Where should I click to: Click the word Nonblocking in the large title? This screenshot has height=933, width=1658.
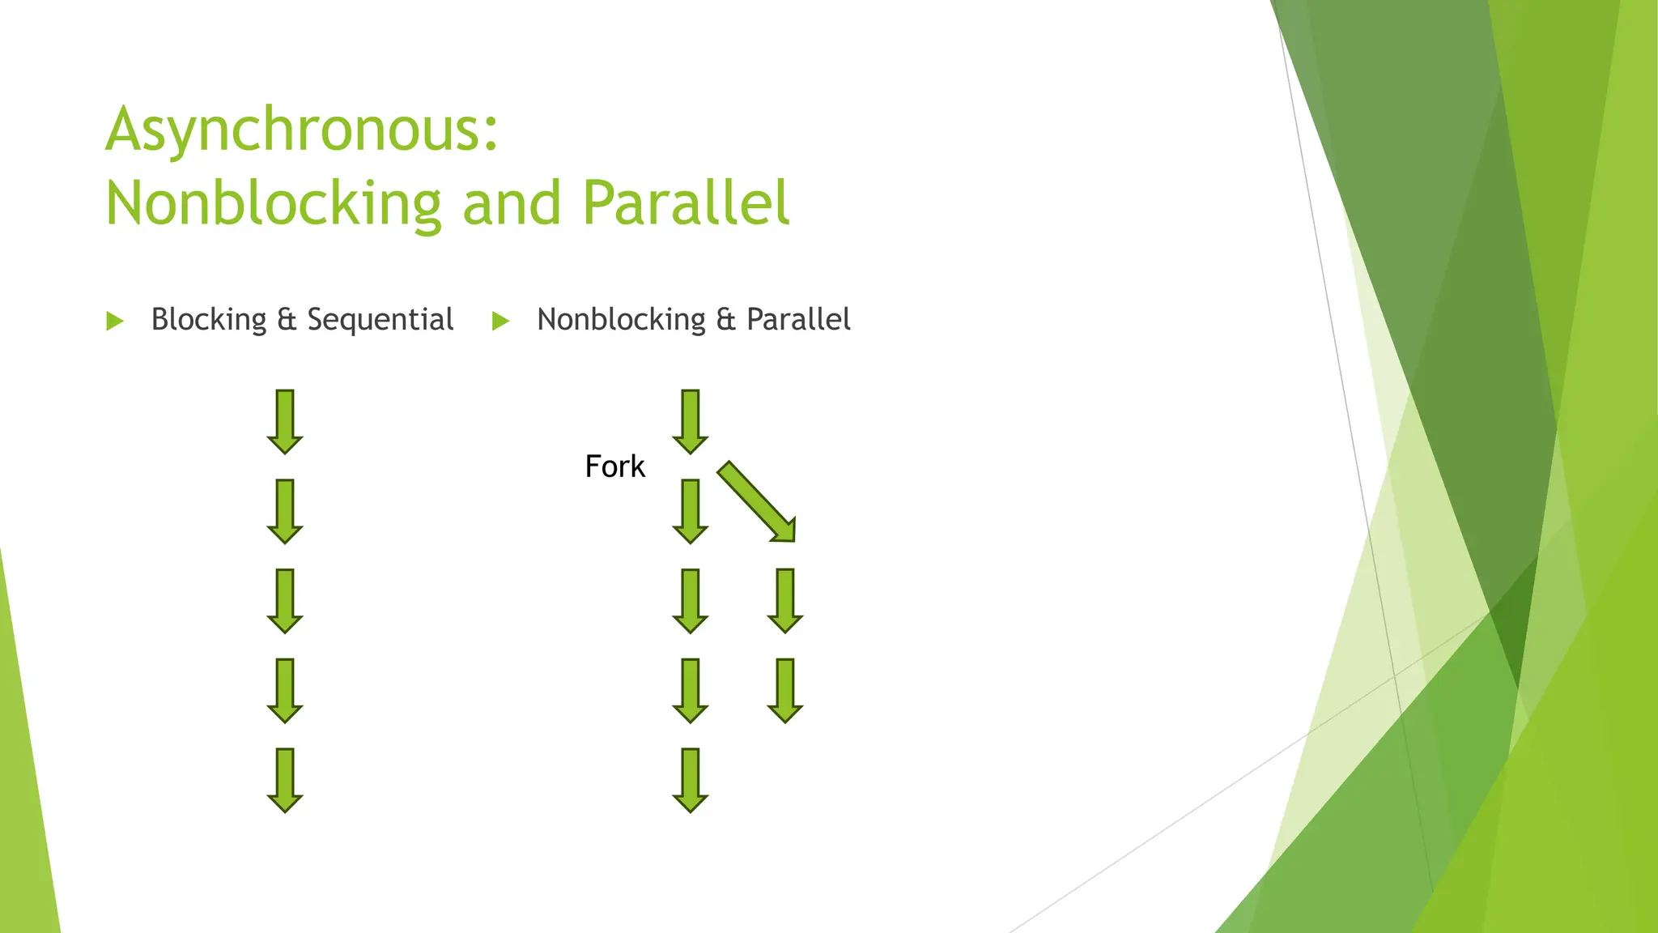[x=274, y=203]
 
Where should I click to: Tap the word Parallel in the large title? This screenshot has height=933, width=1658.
[x=686, y=203]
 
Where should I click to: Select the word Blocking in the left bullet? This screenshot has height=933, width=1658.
[x=208, y=320]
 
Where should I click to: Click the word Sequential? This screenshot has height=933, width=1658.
[x=380, y=320]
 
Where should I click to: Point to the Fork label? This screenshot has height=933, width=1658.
[x=614, y=467]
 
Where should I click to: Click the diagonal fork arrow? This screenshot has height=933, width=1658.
[x=756, y=501]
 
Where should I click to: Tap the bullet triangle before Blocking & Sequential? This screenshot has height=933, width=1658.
[x=115, y=322]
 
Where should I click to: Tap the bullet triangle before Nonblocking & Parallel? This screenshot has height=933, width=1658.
[x=501, y=322]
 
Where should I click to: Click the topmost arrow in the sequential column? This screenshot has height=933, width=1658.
[x=285, y=421]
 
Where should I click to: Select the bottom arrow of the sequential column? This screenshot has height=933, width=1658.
[x=285, y=780]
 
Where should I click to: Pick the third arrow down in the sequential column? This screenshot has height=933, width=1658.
[x=285, y=600]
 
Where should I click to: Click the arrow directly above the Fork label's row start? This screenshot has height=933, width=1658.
[x=691, y=421]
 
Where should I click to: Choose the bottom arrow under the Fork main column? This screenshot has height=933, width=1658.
[x=691, y=780]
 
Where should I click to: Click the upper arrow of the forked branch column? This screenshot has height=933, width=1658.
[x=785, y=600]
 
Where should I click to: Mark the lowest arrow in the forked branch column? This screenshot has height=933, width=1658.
[x=785, y=690]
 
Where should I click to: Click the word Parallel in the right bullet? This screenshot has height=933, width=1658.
[x=798, y=320]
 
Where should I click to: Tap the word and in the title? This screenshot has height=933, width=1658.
[x=512, y=203]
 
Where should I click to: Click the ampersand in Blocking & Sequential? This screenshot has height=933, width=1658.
[x=287, y=320]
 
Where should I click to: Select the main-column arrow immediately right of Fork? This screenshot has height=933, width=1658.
[x=691, y=511]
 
